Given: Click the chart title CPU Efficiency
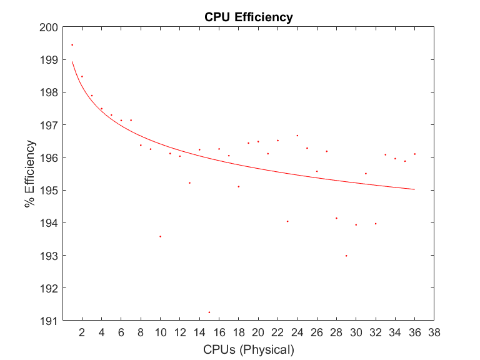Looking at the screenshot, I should (248, 17).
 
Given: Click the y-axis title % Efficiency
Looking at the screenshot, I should (29, 174).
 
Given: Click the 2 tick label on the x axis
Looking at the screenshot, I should (82, 333).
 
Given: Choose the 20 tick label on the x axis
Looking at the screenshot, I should (258, 333).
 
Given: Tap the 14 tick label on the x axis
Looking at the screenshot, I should (199, 333).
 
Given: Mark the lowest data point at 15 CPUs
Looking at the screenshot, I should (209, 312).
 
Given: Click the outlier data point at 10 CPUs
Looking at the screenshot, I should (160, 236).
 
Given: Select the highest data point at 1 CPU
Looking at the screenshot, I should (72, 45).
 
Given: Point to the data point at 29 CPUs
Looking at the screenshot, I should (346, 256).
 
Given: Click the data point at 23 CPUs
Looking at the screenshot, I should (287, 221).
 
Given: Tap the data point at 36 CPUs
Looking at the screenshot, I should (415, 154).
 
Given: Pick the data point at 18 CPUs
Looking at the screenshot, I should (239, 186).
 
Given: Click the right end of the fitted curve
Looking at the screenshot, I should (414, 189).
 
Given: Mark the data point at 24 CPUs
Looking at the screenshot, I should (297, 136).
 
